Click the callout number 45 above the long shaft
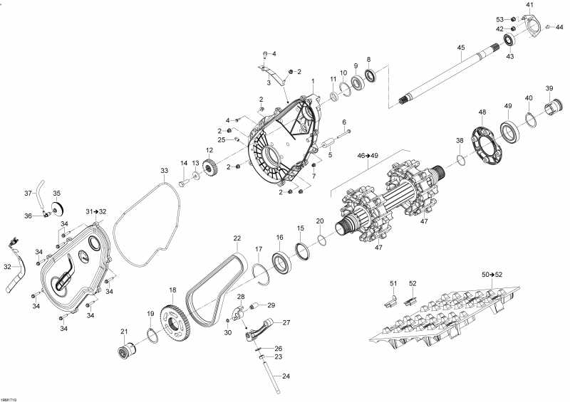461,48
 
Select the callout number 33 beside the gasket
164,171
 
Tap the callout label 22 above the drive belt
237,238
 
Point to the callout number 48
482,112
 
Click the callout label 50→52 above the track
492,274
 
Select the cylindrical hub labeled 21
128,351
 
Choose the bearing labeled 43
510,39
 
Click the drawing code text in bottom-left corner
9,398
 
